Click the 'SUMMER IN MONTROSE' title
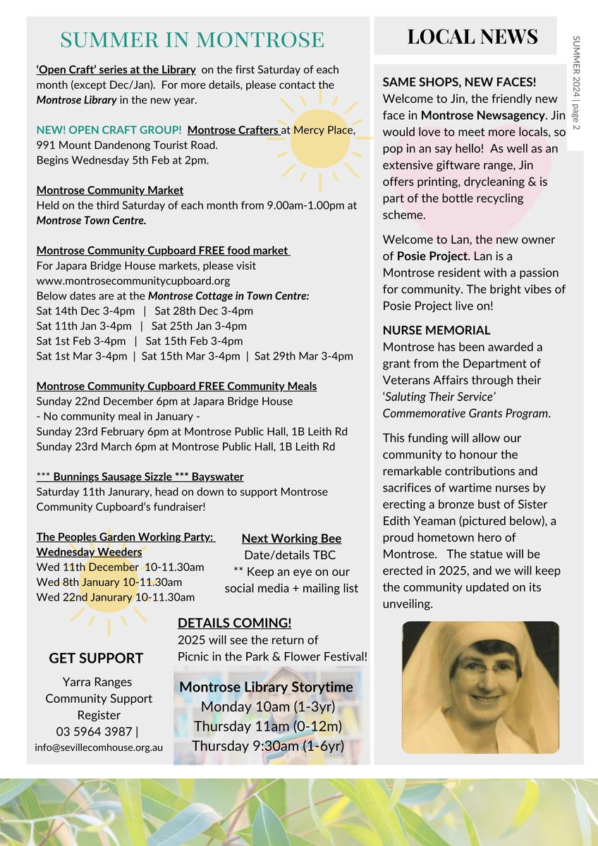[192, 39]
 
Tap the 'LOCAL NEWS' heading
[472, 37]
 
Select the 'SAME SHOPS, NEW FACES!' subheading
[459, 82]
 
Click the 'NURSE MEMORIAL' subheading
[437, 330]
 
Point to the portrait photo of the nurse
[480, 687]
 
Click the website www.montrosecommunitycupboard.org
[133, 281]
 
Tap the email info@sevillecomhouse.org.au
[99, 747]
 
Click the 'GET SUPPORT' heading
[96, 658]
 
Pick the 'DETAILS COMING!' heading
[234, 623]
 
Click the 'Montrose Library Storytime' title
[267, 687]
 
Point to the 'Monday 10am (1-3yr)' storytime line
[268, 706]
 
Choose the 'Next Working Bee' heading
[291, 539]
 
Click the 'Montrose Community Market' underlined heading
[110, 190]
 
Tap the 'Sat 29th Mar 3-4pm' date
[304, 356]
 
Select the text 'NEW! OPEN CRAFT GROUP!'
[109, 130]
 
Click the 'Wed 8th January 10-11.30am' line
[109, 582]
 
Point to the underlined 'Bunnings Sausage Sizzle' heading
[140, 477]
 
